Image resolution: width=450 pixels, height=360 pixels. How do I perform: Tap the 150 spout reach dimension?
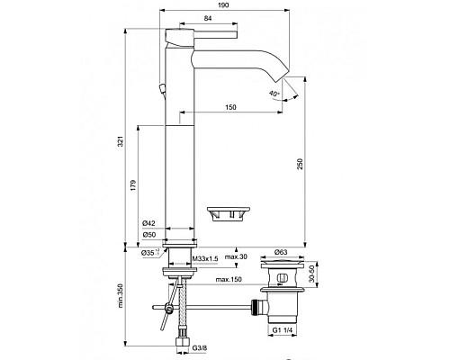[233, 109]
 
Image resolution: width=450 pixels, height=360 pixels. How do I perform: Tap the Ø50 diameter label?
[149, 236]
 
